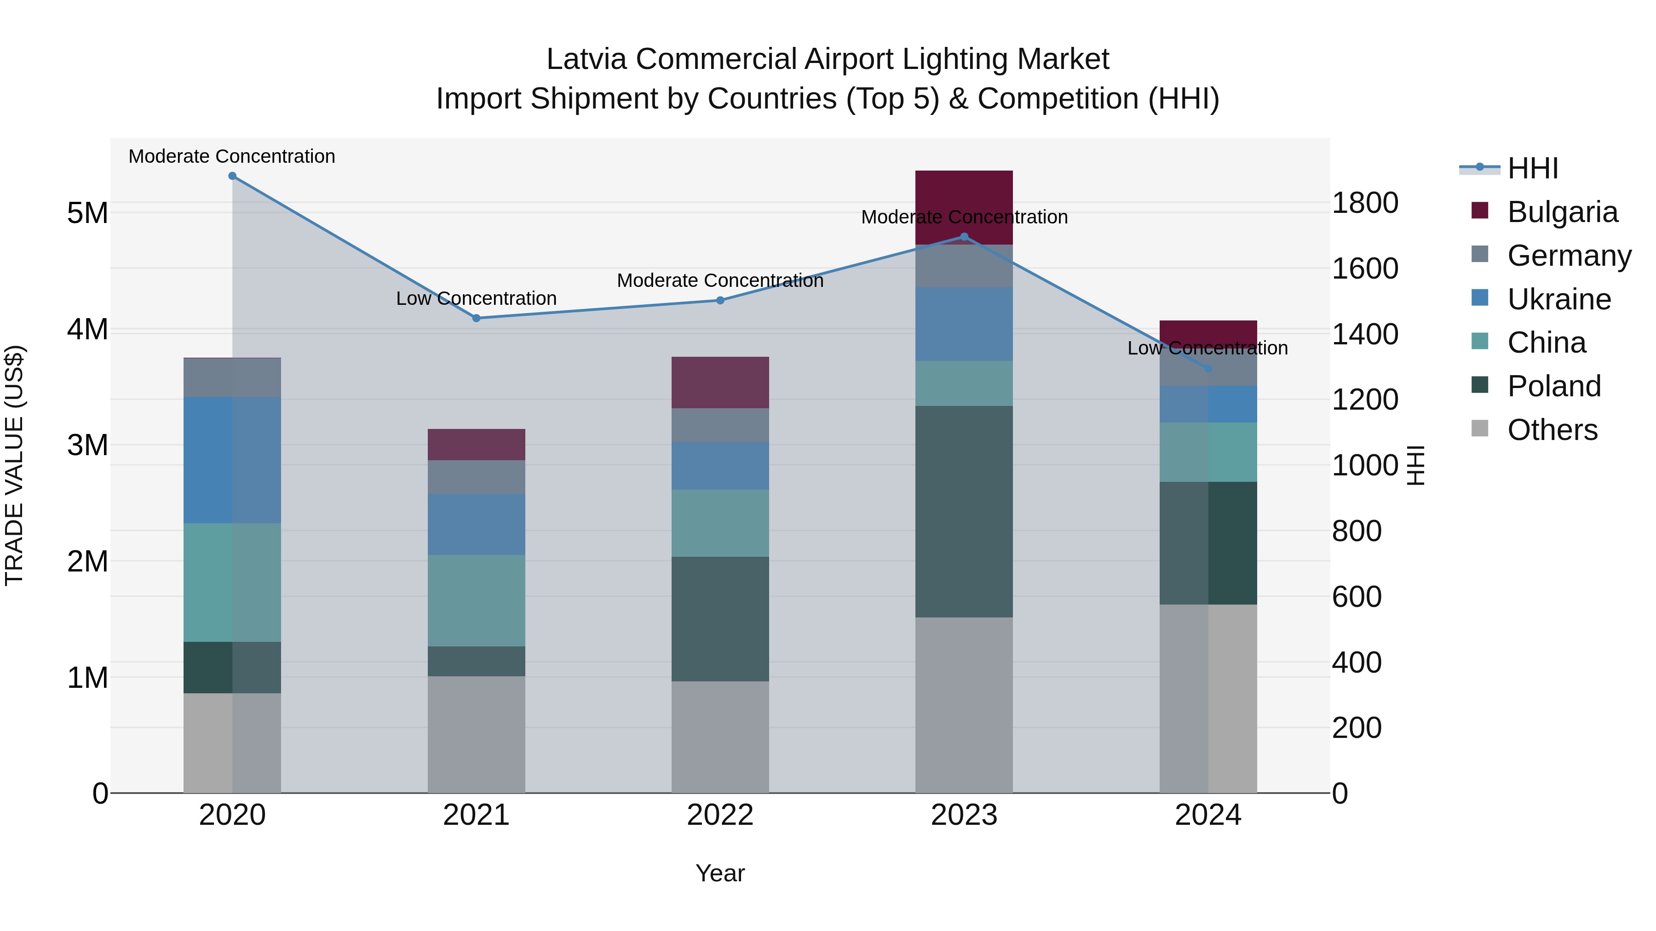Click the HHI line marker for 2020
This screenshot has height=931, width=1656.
[x=232, y=176]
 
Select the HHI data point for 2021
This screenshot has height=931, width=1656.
[x=477, y=318]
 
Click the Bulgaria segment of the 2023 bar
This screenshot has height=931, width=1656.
[x=964, y=199]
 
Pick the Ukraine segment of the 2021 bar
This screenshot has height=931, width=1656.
[x=477, y=524]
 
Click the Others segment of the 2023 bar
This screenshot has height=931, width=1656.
[x=964, y=705]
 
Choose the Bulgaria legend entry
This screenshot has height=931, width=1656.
[x=1562, y=212]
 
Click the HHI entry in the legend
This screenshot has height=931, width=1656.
[x=1533, y=168]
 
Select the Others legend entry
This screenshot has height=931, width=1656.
[x=1552, y=430]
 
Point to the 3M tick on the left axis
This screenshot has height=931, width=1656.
[x=88, y=445]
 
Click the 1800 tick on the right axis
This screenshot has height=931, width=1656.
[x=1365, y=203]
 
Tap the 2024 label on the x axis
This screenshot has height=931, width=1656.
[x=1208, y=815]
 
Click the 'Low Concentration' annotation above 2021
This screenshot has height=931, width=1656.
[x=477, y=299]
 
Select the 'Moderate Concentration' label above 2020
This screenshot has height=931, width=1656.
[x=232, y=157]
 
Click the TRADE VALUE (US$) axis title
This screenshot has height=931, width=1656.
[x=15, y=465]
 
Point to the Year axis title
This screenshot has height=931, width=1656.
[x=720, y=873]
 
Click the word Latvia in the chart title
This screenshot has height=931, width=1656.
[x=586, y=60]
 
